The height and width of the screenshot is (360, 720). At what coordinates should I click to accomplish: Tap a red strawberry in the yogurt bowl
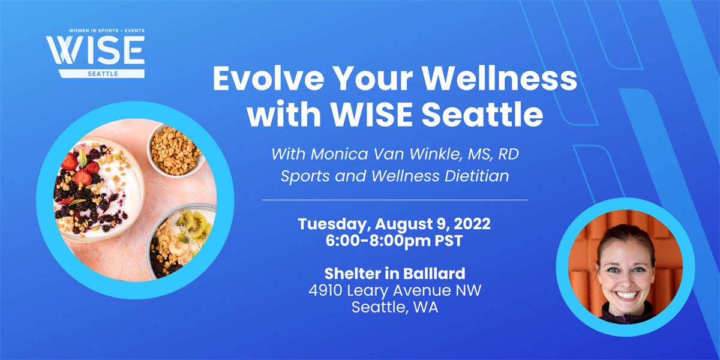[x=83, y=178]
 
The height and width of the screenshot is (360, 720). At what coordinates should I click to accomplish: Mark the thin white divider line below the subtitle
[x=395, y=199]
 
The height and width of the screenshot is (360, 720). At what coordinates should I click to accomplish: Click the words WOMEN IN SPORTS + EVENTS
[x=95, y=30]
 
